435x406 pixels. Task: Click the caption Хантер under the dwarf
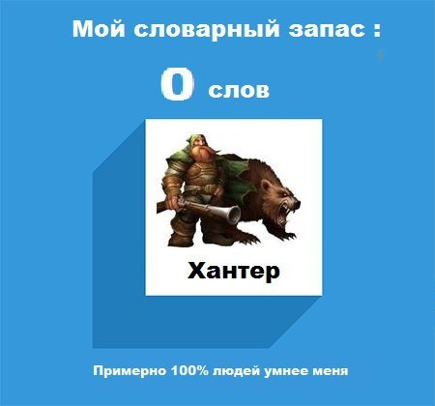(x=233, y=272)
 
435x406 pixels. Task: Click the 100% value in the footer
(x=184, y=370)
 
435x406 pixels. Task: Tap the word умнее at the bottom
(x=283, y=370)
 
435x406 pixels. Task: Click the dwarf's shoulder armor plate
(x=173, y=155)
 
